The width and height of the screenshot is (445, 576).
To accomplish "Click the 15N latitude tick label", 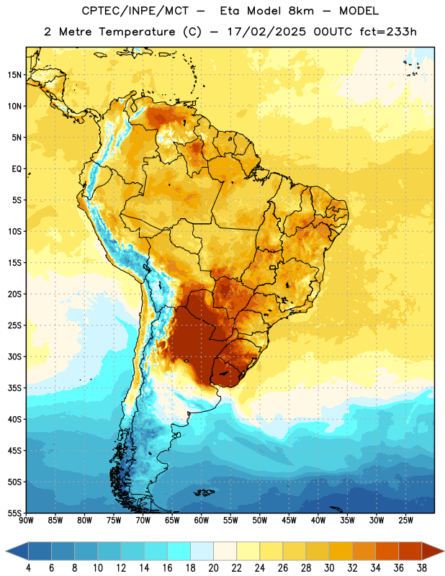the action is (14, 75).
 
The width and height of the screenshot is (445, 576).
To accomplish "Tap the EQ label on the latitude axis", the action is (17, 169).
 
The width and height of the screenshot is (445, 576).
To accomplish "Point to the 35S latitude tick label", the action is (14, 388).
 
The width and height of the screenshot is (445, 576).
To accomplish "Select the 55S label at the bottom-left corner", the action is (14, 513).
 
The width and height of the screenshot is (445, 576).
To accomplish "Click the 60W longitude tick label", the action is (202, 521).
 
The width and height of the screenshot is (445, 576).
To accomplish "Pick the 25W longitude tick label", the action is (405, 521).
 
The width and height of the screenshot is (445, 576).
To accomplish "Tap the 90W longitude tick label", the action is (27, 521).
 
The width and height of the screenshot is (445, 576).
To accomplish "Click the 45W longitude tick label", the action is (289, 521).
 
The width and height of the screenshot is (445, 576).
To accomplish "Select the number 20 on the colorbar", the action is (213, 568).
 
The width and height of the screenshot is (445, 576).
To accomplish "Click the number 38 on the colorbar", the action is (422, 568).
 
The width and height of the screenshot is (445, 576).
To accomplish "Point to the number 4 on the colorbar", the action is (29, 568).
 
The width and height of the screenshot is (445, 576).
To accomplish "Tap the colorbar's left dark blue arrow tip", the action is (6, 551).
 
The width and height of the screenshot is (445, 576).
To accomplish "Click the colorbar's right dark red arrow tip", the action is (444, 551).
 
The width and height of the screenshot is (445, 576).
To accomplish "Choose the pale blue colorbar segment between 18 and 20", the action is (202, 551).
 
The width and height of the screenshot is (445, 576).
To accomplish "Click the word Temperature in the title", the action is (137, 32).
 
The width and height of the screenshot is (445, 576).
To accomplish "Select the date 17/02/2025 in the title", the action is (266, 32).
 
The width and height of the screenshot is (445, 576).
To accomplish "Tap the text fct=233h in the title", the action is (388, 32).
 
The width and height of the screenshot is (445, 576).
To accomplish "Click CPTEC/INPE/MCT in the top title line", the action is (135, 11).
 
